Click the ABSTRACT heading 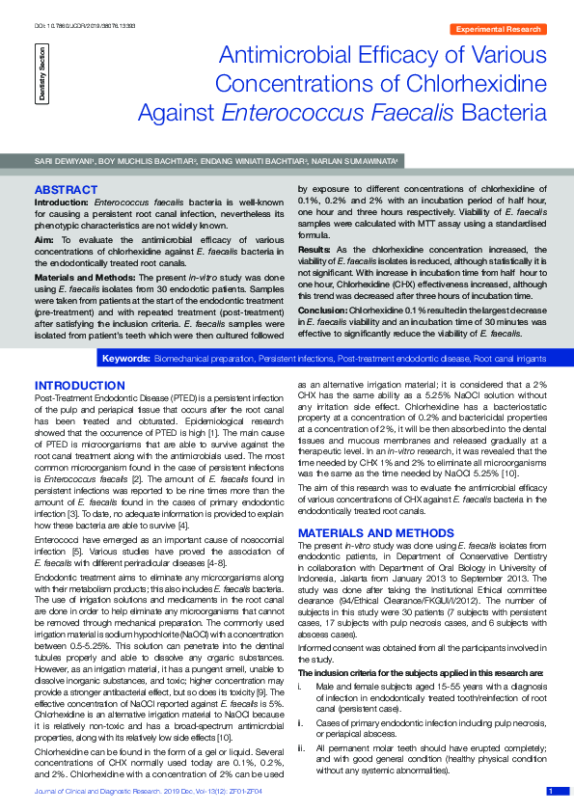coord(64,189)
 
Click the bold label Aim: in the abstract coord(44,237)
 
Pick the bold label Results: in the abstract coord(314,248)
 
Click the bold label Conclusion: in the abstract coord(322,310)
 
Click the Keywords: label coord(125,359)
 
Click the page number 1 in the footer coord(550,791)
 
